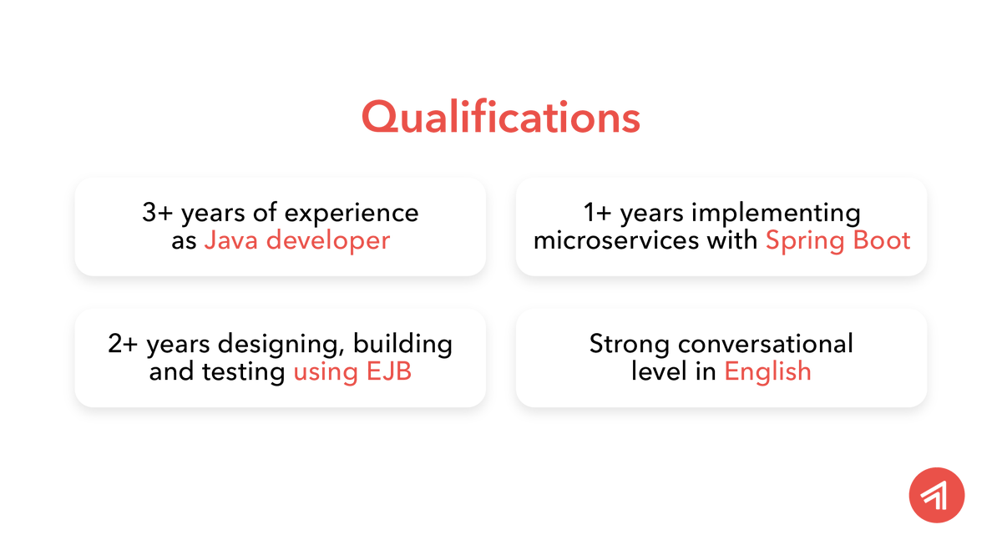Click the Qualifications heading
pyautogui.click(x=500, y=117)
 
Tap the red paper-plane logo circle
pyautogui.click(x=936, y=495)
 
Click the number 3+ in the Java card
pyautogui.click(x=157, y=213)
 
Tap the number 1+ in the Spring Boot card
pyautogui.click(x=598, y=213)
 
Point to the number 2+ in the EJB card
pyautogui.click(x=124, y=344)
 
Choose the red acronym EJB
pyautogui.click(x=389, y=371)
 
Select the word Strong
pyautogui.click(x=630, y=345)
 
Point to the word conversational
pyautogui.click(x=766, y=344)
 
